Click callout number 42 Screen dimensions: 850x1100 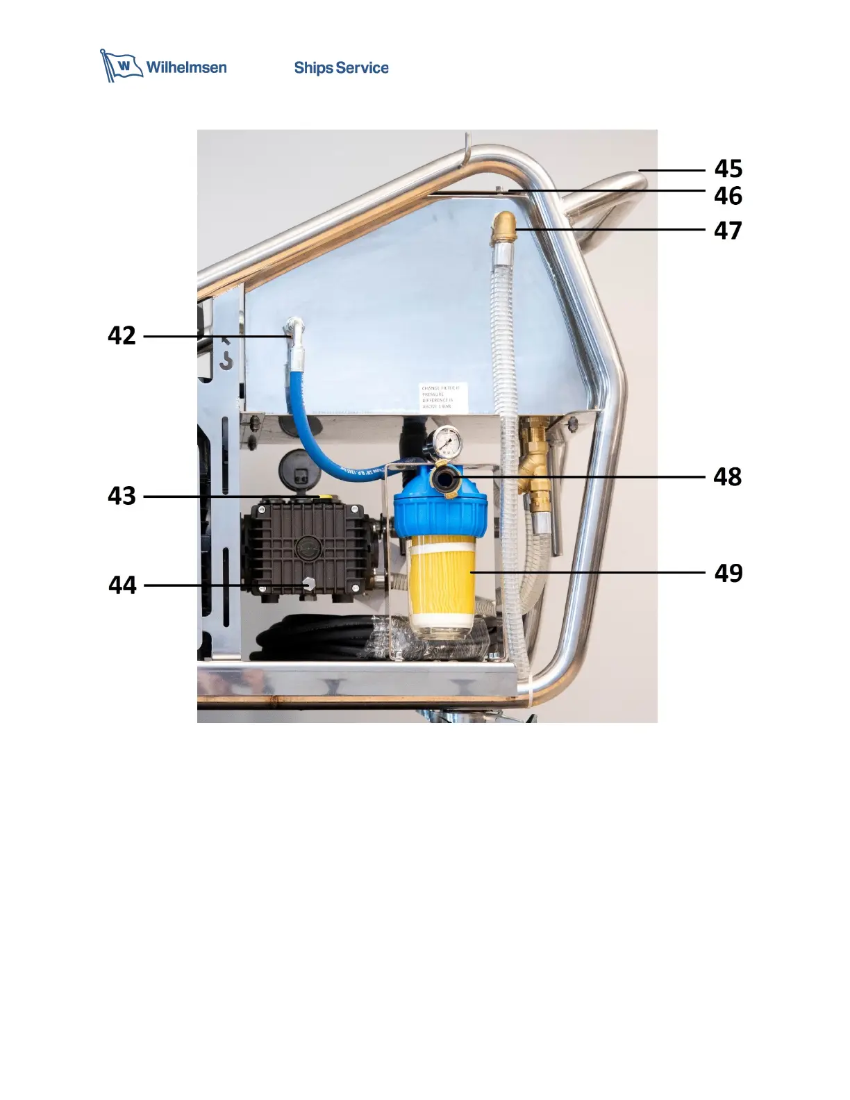click(122, 336)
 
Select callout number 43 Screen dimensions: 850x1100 click(122, 496)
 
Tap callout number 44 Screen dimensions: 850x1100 click(122, 585)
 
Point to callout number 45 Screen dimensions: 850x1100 click(728, 169)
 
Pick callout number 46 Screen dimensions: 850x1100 click(728, 196)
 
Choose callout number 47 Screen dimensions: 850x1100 click(728, 230)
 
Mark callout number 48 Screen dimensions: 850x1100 click(728, 477)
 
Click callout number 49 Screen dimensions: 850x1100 click(728, 573)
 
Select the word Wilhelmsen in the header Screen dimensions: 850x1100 click(186, 67)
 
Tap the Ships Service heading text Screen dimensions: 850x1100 click(341, 68)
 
